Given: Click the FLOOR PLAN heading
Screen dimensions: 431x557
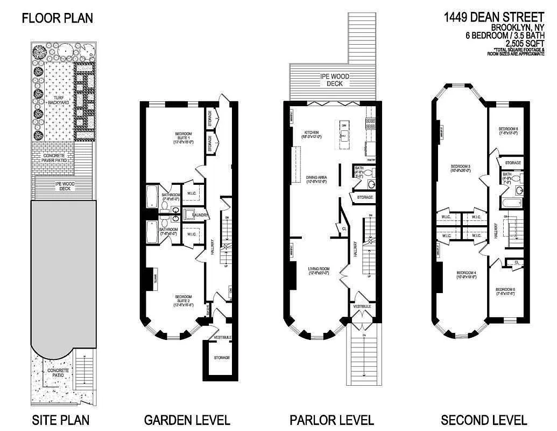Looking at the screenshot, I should pyautogui.click(x=57, y=18).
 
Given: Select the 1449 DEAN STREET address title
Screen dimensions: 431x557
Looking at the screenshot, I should pyautogui.click(x=494, y=18).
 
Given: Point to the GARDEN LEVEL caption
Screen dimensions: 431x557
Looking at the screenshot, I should pyautogui.click(x=187, y=420).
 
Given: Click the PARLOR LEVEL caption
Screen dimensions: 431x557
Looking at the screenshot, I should pyautogui.click(x=332, y=420).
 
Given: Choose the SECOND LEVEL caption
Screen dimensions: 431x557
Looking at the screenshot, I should pyautogui.click(x=483, y=420).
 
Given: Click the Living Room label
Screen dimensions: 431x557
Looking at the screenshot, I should pyautogui.click(x=318, y=270).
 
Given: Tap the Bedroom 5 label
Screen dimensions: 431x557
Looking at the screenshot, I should pyautogui.click(x=505, y=291).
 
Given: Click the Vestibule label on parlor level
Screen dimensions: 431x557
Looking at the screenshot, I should pyautogui.click(x=362, y=306).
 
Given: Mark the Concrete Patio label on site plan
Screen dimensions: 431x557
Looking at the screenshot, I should pyautogui.click(x=58, y=373).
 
